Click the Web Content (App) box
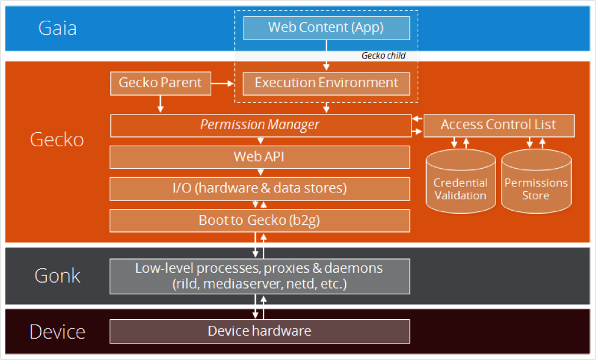[326, 28]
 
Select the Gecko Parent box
[160, 83]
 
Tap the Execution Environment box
[326, 83]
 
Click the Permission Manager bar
[261, 125]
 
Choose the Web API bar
[259, 157]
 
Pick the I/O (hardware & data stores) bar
[259, 189]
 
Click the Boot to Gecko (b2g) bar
[259, 221]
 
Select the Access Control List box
[499, 125]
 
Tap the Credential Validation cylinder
[461, 182]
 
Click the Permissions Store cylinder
[536, 182]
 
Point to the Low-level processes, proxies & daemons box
[259, 277]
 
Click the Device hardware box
[259, 331]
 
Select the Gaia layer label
[58, 28]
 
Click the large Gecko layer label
[57, 139]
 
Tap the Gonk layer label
[57, 275]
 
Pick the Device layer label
[57, 332]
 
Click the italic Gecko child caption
[383, 55]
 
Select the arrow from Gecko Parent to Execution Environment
[222, 83]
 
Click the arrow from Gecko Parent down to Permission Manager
[160, 104]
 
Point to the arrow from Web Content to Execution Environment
[326, 55]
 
